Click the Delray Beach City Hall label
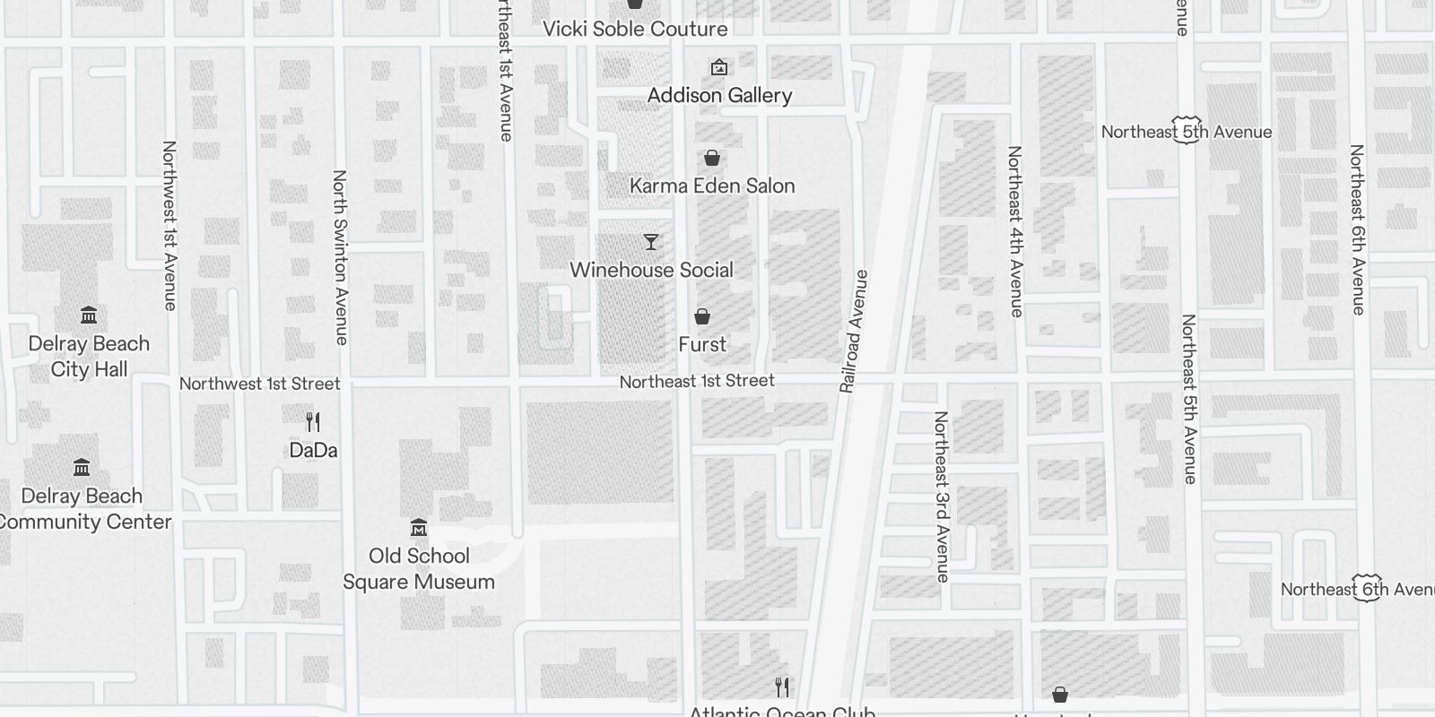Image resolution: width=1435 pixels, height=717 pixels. point(89,357)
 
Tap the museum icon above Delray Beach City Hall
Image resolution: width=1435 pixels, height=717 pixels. point(89,315)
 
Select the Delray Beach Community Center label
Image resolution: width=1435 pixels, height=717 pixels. point(83,509)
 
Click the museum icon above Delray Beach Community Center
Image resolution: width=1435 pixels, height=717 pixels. point(82,467)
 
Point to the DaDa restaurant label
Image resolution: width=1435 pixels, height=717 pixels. point(313,450)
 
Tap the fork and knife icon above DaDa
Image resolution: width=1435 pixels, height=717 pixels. point(313,421)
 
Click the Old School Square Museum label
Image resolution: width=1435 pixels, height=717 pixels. point(419,568)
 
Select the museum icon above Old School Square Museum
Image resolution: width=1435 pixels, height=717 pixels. point(419,527)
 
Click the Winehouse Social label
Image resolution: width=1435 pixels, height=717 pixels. point(651,270)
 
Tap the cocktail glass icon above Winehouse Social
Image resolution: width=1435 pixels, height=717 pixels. point(651,242)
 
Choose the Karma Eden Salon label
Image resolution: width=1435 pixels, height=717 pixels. point(712,186)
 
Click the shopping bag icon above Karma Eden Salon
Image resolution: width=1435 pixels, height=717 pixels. point(712,159)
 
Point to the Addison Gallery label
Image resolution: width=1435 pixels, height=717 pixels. point(719,95)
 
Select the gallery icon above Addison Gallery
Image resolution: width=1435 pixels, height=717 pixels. point(718,67)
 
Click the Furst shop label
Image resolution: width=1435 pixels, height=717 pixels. point(702,344)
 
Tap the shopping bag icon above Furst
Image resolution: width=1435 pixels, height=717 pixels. point(702,316)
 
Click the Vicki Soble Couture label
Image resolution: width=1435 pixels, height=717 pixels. point(635,29)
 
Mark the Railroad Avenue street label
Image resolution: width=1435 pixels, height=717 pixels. point(854,332)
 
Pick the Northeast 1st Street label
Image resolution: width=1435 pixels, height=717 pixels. point(697,381)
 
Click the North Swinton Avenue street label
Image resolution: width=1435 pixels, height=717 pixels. point(340,257)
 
